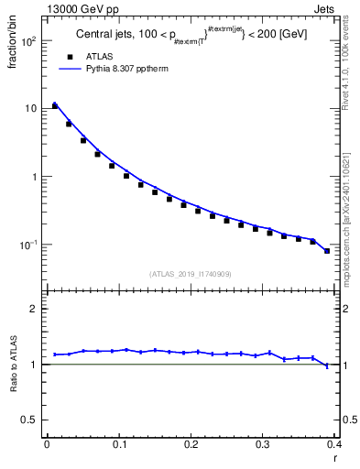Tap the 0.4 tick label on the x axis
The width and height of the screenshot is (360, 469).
[333, 445]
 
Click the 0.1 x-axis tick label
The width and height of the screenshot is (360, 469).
[118, 445]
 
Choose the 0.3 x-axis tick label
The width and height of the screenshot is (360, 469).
[262, 445]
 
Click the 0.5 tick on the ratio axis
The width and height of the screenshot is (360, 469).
[33, 420]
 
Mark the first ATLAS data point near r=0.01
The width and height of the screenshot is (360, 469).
[55, 106]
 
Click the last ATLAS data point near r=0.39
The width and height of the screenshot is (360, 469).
[327, 251]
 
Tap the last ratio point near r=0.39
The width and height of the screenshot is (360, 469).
[327, 366]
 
